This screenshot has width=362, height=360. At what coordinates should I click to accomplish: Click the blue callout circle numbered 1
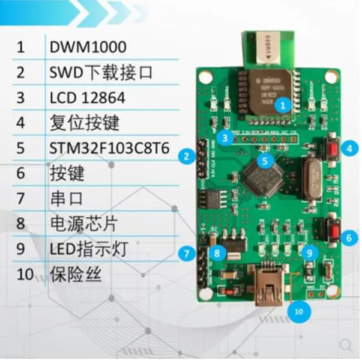pyautogui.click(x=285, y=105)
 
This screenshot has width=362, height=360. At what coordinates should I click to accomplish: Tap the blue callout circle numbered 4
pyautogui.click(x=348, y=147)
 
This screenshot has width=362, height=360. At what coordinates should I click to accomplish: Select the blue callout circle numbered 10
pyautogui.click(x=298, y=311)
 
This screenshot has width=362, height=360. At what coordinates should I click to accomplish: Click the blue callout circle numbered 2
pyautogui.click(x=187, y=157)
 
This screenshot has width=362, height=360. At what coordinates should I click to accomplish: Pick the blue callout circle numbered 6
pyautogui.click(x=348, y=237)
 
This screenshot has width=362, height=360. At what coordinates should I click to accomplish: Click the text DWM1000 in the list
pyautogui.click(x=88, y=46)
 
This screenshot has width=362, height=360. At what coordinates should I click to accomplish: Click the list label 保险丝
pyautogui.click(x=76, y=275)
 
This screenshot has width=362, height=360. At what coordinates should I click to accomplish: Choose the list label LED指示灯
pyautogui.click(x=88, y=249)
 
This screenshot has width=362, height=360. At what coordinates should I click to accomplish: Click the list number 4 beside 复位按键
pyautogui.click(x=21, y=123)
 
